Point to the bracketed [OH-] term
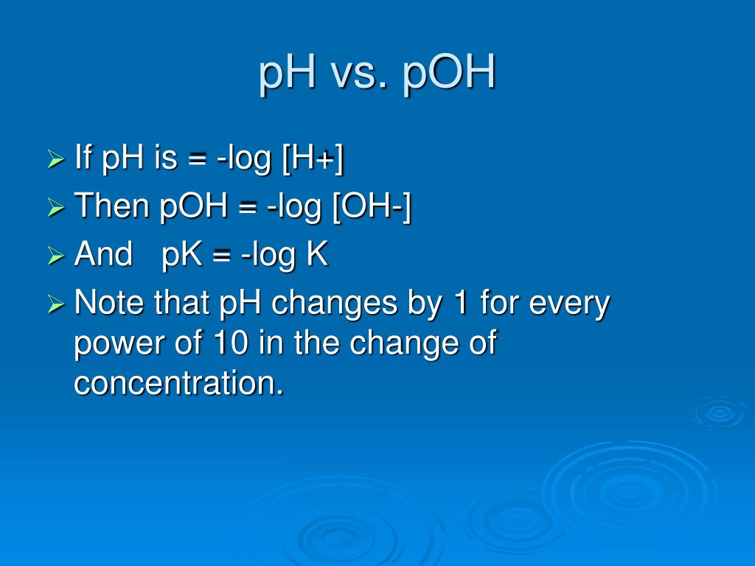pyautogui.click(x=371, y=208)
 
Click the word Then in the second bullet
pyautogui.click(x=112, y=208)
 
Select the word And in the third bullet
pyautogui.click(x=104, y=256)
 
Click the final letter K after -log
pyautogui.click(x=316, y=255)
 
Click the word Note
pyautogui.click(x=111, y=304)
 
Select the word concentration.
pyautogui.click(x=178, y=383)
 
